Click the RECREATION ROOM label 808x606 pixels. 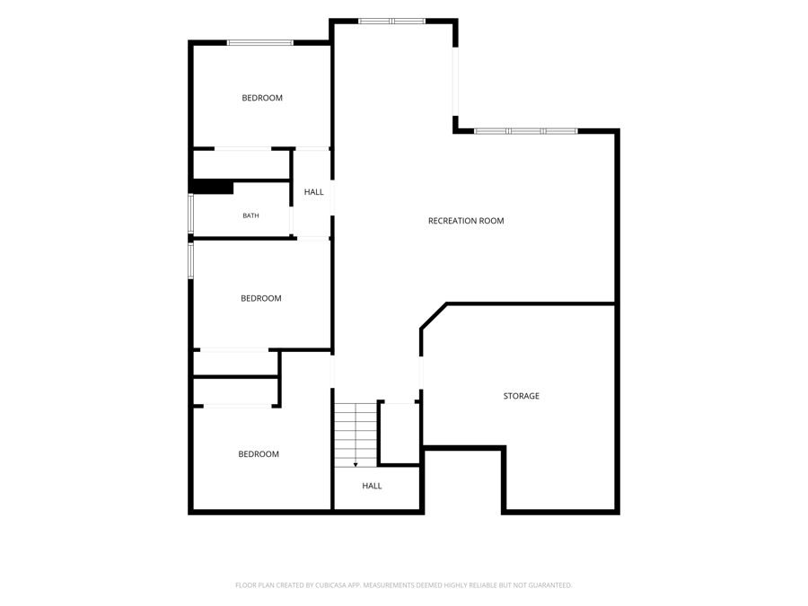pos(466,221)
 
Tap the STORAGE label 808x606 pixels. pos(521,396)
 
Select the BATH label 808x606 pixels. pos(250,215)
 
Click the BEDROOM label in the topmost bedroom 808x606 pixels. pos(262,98)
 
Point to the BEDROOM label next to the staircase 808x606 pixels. pos(259,454)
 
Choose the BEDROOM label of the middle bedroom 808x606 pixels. pos(260,298)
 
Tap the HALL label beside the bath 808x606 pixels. pos(313,192)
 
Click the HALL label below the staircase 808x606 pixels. pos(372,486)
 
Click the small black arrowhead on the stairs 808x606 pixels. pos(356,465)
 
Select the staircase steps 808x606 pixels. pos(356,435)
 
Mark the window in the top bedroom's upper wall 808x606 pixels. pos(260,43)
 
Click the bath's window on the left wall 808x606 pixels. pos(190,214)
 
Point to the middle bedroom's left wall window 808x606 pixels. pos(190,260)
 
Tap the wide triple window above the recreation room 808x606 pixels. pos(526,131)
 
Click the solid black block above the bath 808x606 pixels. pos(212,187)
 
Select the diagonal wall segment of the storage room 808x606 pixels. pos(434,315)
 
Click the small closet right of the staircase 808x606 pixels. pos(399,433)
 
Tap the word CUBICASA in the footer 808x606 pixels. pos(338,585)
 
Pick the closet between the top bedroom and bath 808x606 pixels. pos(242,165)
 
